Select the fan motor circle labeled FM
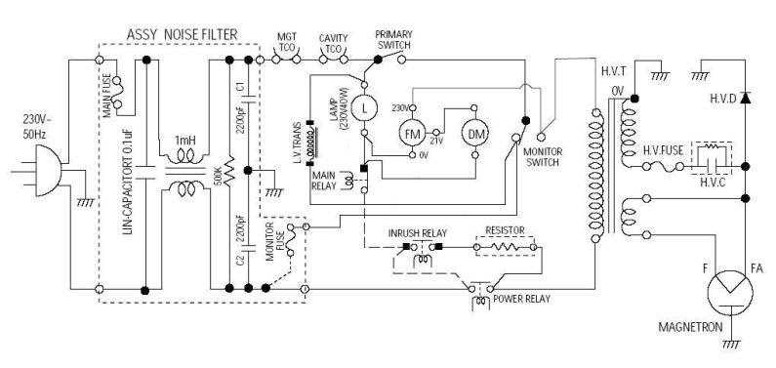[410, 131]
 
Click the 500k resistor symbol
[229, 175]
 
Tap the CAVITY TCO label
[334, 41]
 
